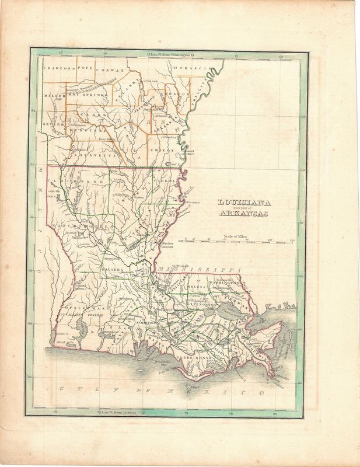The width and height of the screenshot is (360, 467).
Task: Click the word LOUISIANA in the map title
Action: click(x=239, y=203)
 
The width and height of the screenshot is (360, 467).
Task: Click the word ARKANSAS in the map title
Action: click(x=239, y=214)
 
